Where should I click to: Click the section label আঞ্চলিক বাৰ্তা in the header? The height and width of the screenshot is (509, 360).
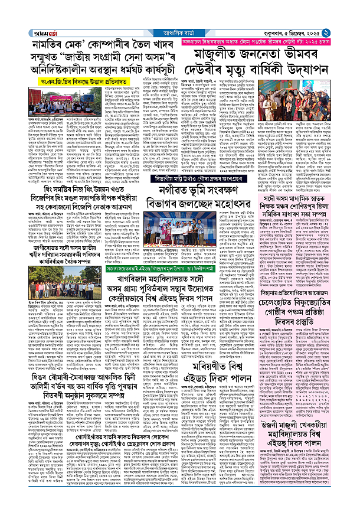181,7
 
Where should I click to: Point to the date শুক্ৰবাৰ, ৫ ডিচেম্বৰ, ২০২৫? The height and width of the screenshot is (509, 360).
312,7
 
